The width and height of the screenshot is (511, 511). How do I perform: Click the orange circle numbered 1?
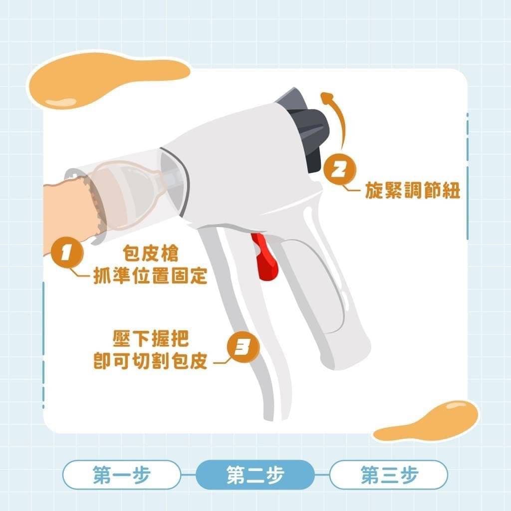[x=67, y=253]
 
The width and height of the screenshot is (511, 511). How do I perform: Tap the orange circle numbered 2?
[x=340, y=170]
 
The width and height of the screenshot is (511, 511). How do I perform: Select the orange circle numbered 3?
[x=243, y=347]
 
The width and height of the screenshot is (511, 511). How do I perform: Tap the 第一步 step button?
[x=122, y=475]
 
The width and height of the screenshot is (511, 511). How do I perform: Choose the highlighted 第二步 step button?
[x=255, y=475]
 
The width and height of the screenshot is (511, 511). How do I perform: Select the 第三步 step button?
[x=389, y=475]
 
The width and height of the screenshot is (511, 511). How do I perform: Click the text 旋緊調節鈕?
[x=412, y=190]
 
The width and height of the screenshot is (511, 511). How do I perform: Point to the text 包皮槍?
[x=151, y=253]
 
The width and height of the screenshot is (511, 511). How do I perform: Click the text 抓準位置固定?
[x=150, y=275]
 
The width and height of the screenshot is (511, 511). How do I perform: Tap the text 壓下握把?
[x=151, y=339]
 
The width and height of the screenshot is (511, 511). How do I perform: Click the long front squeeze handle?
[x=251, y=326]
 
